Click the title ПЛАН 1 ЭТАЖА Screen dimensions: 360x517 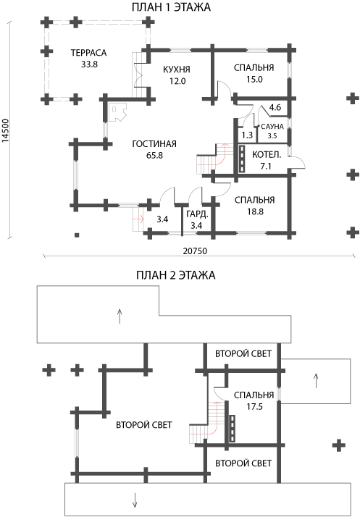pos(171,7)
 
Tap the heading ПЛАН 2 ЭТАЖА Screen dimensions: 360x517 pos(175,275)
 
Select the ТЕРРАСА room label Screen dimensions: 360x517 pos(89,53)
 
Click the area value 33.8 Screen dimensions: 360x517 pos(89,64)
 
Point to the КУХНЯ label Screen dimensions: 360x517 pos(177,70)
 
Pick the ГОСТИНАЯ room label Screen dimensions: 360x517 pos(154,144)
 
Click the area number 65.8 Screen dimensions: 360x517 pos(155,155)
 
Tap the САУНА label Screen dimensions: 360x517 pos(272,127)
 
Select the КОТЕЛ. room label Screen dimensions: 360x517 pos(267,155)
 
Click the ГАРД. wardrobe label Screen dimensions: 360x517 pos(197,214)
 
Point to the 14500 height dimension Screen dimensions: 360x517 pos(5,130)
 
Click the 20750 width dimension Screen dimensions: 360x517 pos(195,251)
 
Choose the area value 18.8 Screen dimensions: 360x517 pos(256,211)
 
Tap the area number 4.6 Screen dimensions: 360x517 pos(275,107)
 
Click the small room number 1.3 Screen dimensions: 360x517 pos(247,135)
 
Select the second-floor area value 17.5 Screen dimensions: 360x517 pos(254,407)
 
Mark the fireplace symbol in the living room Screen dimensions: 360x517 pos(118,112)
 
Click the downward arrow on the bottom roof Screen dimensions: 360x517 pos(135,500)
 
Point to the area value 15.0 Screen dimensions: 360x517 pos(254,80)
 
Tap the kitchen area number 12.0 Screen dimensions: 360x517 pos(178,81)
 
